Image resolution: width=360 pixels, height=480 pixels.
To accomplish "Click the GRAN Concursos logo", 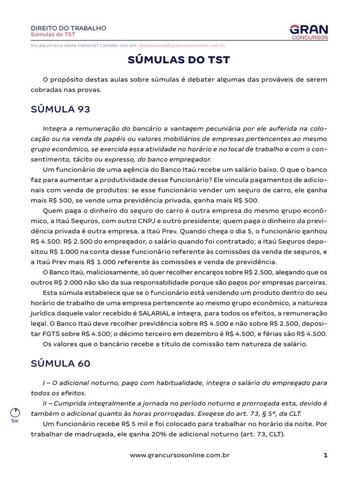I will tap(309, 32).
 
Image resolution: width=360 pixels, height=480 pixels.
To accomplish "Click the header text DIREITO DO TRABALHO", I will tap(68, 28).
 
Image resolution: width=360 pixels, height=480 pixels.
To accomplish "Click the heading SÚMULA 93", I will tap(60, 109).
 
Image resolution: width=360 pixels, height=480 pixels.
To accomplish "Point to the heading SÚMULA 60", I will tap(60, 363).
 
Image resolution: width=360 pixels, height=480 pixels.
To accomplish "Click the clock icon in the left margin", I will tap(15, 412).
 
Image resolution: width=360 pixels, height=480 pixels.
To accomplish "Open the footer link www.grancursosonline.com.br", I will tap(180, 455).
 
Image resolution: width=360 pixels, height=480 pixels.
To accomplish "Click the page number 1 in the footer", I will tap(325, 455).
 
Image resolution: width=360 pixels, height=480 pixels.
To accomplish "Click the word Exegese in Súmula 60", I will tap(210, 413).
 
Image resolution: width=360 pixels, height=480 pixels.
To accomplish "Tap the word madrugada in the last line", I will tap(93, 434).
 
